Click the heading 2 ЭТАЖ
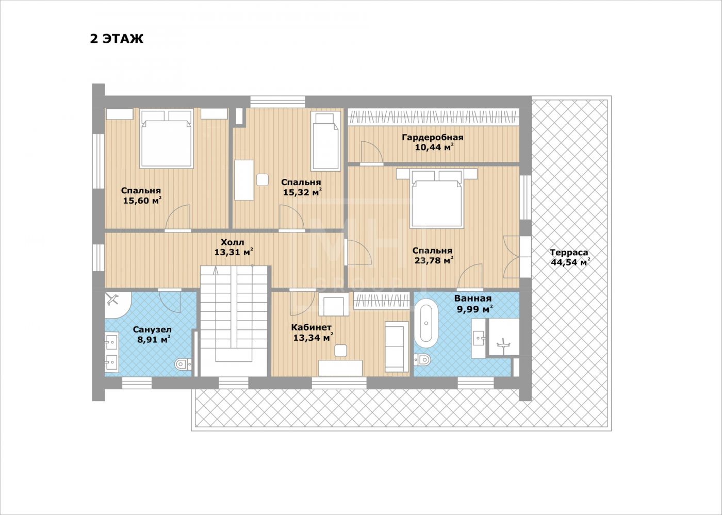pyautogui.click(x=117, y=39)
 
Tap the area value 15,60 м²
pyautogui.click(x=142, y=201)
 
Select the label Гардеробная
pyautogui.click(x=433, y=138)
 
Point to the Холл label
pyautogui.click(x=233, y=242)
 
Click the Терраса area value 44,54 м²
pyautogui.click(x=570, y=262)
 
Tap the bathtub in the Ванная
pyautogui.click(x=426, y=323)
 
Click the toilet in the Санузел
pyautogui.click(x=183, y=364)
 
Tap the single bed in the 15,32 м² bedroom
pyautogui.click(x=325, y=141)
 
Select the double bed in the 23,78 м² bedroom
pyautogui.click(x=436, y=199)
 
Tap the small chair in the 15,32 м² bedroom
pyautogui.click(x=262, y=179)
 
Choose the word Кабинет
pyautogui.click(x=311, y=327)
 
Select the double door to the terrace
pyautogui.click(x=512, y=257)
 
